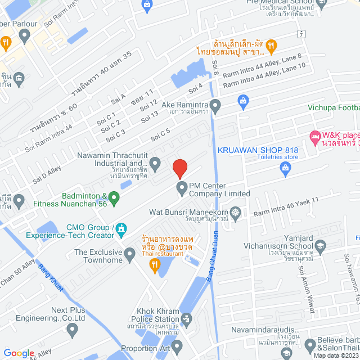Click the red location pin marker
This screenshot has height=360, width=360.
pyautogui.click(x=179, y=169)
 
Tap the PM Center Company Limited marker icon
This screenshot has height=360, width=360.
pyautogui.click(x=182, y=187)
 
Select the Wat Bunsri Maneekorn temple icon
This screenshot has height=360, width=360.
pyautogui.click(x=235, y=213)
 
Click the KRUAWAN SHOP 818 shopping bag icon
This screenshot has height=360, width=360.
pyautogui.click(x=243, y=101)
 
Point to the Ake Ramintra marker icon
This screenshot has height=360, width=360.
pyautogui.click(x=215, y=105)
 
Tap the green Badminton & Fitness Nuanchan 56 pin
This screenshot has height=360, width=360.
pyautogui.click(x=114, y=197)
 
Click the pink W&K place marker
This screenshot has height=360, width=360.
pyautogui.click(x=314, y=136)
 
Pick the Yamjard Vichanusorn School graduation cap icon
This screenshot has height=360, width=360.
pyautogui.click(x=320, y=246)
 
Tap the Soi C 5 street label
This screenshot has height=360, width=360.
pyautogui.click(x=160, y=135)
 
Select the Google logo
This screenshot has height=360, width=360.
pyautogui.click(x=19, y=353)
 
